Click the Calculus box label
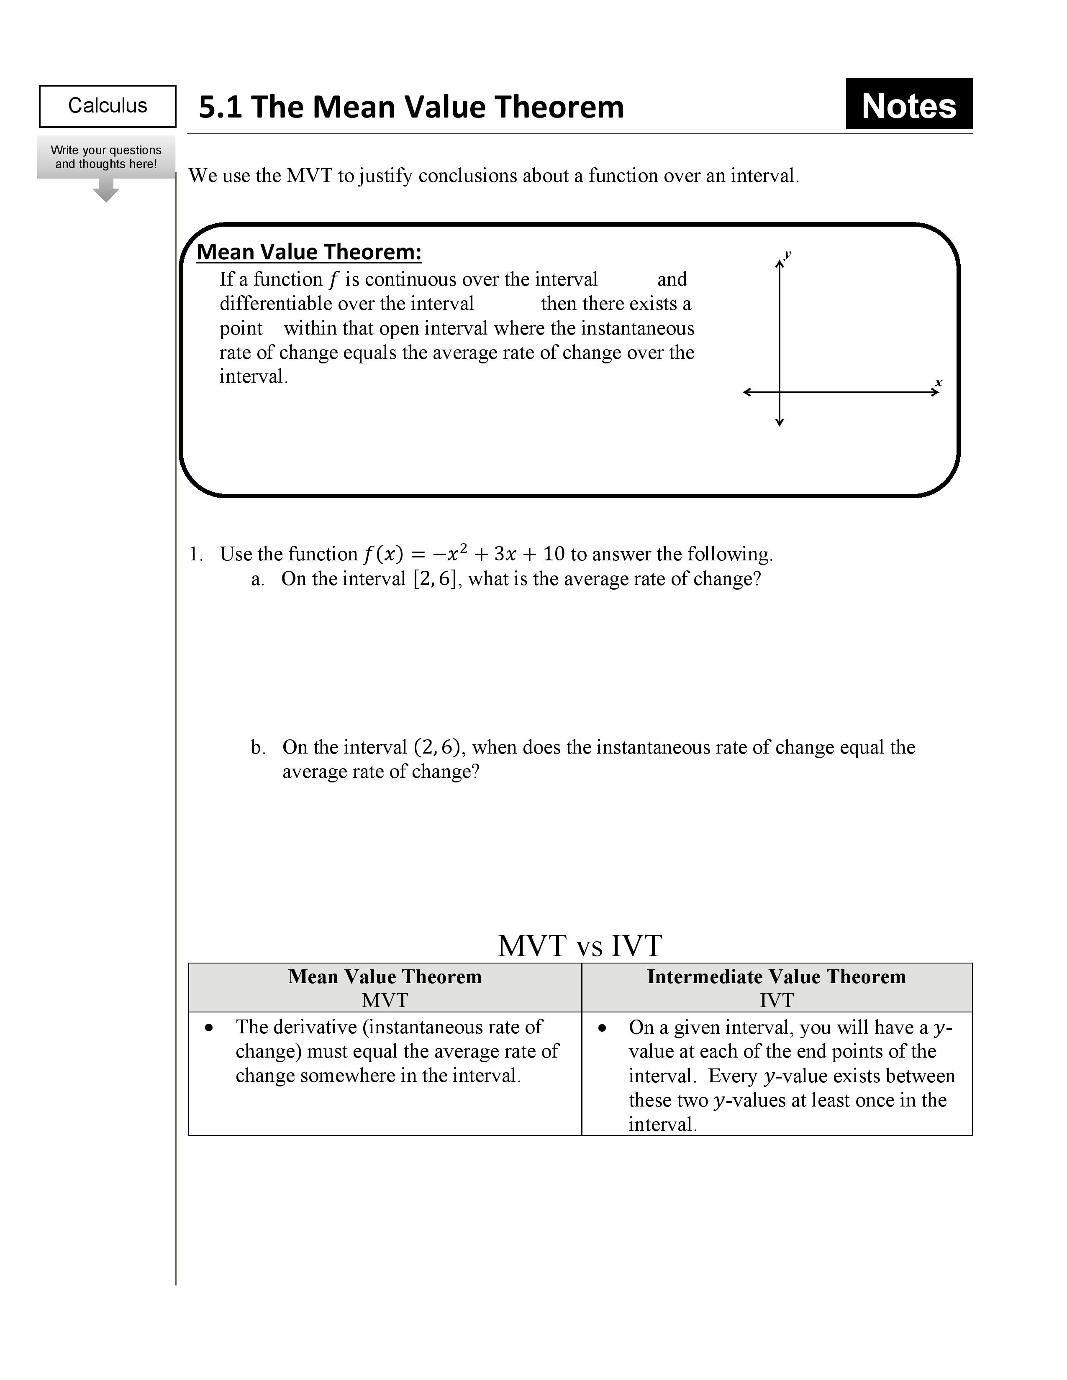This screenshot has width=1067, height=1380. pyautogui.click(x=108, y=105)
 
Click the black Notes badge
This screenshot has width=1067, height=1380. pyautogui.click(x=908, y=105)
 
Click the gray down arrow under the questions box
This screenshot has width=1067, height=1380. pyautogui.click(x=105, y=191)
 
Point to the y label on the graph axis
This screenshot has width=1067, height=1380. pyautogui.click(x=787, y=255)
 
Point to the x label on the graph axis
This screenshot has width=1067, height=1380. pyautogui.click(x=938, y=383)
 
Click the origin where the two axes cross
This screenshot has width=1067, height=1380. pyautogui.click(x=780, y=392)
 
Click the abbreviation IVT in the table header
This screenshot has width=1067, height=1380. pyautogui.click(x=776, y=1000)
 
